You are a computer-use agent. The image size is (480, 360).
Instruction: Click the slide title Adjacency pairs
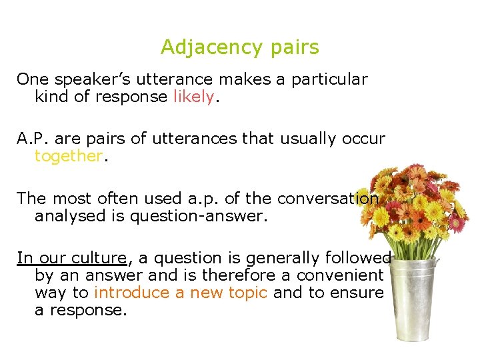pyautogui.click(x=240, y=47)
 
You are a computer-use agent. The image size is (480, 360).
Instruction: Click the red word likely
pyautogui.click(x=193, y=97)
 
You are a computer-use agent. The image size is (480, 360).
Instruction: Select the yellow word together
pyautogui.click(x=69, y=156)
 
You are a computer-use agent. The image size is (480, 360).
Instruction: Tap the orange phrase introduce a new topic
pyautogui.click(x=181, y=293)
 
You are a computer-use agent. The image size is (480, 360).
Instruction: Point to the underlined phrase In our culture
pyautogui.click(x=71, y=258)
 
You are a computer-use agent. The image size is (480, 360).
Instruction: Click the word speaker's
pyautogui.click(x=87, y=79)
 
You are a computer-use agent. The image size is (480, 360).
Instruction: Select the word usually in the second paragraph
pyautogui.click(x=303, y=139)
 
